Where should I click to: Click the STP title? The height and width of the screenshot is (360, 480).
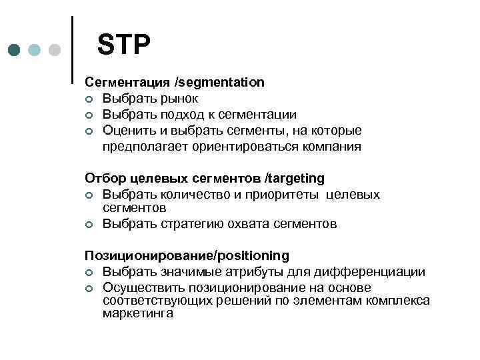[x=124, y=45]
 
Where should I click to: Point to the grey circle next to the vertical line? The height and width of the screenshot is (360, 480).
[x=55, y=51]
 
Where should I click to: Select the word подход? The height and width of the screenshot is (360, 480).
[x=179, y=115]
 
